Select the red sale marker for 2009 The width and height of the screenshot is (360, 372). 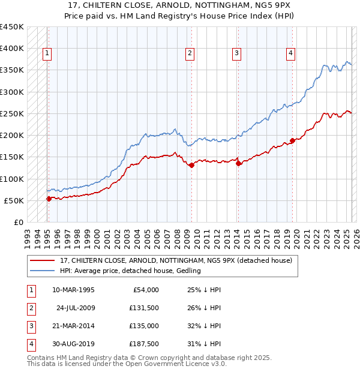click(191, 166)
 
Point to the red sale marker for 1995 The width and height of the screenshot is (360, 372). click(49, 199)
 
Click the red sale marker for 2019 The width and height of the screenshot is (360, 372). click(292, 141)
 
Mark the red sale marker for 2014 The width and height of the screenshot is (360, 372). click(238, 163)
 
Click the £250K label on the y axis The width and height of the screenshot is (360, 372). click(11, 113)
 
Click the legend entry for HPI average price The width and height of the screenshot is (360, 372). click(133, 271)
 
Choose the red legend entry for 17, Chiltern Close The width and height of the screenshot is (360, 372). click(176, 260)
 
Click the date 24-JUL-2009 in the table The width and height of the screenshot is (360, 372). click(76, 308)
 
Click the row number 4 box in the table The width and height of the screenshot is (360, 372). click(30, 344)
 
